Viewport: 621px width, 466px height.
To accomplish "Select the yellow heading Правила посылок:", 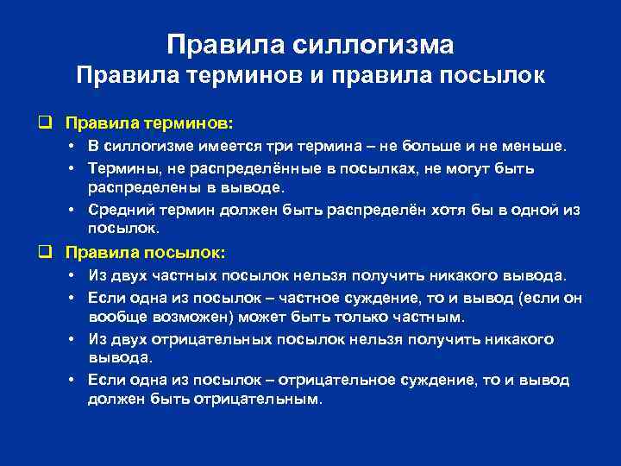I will pos(144,253).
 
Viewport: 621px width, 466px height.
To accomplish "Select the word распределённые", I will pos(266,167).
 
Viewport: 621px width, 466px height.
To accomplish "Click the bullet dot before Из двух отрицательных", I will pos(74,339).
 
